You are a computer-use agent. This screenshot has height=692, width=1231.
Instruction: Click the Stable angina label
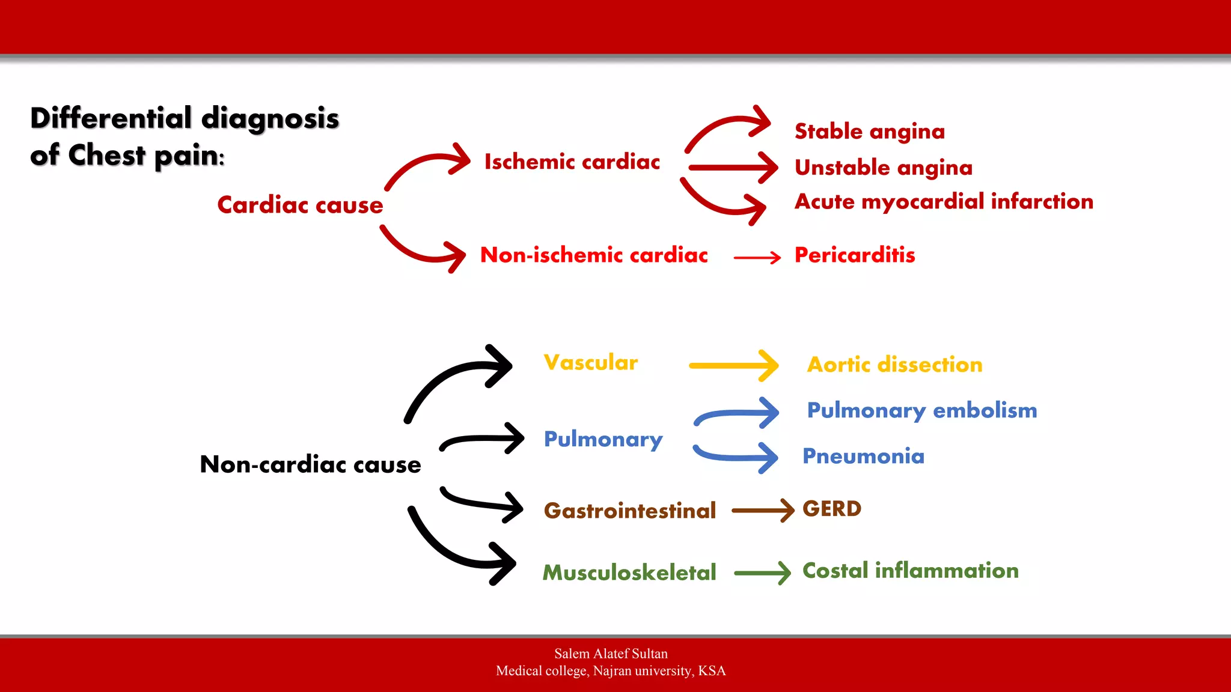pos(869,132)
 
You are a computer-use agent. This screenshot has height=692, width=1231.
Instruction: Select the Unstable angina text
pos(883,168)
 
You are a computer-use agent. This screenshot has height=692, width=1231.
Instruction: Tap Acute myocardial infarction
pos(944,202)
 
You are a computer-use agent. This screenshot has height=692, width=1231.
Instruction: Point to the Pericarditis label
pos(854,255)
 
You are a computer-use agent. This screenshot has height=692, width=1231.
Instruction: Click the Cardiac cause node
pos(300,205)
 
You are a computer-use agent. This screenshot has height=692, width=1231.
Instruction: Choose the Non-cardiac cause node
pos(310,464)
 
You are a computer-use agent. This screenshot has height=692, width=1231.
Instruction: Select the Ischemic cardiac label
pos(572,162)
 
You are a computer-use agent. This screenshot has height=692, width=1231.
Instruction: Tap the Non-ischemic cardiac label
pos(594,255)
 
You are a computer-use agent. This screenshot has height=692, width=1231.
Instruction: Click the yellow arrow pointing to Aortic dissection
pos(733,365)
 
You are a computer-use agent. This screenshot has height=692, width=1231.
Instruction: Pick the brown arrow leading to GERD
pos(762,511)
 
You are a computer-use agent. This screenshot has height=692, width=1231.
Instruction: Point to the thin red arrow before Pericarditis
pos(757,258)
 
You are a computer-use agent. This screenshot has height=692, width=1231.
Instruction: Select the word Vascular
pos(590,363)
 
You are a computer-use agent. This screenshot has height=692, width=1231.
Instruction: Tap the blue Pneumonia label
pos(863,457)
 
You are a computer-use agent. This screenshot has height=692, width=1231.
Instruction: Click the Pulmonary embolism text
pos(921,411)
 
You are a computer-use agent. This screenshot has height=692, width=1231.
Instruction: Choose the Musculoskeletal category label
pos(629,572)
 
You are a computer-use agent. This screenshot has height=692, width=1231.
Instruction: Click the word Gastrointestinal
pos(629,511)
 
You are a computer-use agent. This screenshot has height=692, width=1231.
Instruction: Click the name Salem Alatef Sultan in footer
pos(611,654)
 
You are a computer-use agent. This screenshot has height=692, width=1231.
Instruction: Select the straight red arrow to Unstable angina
pos(733,168)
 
